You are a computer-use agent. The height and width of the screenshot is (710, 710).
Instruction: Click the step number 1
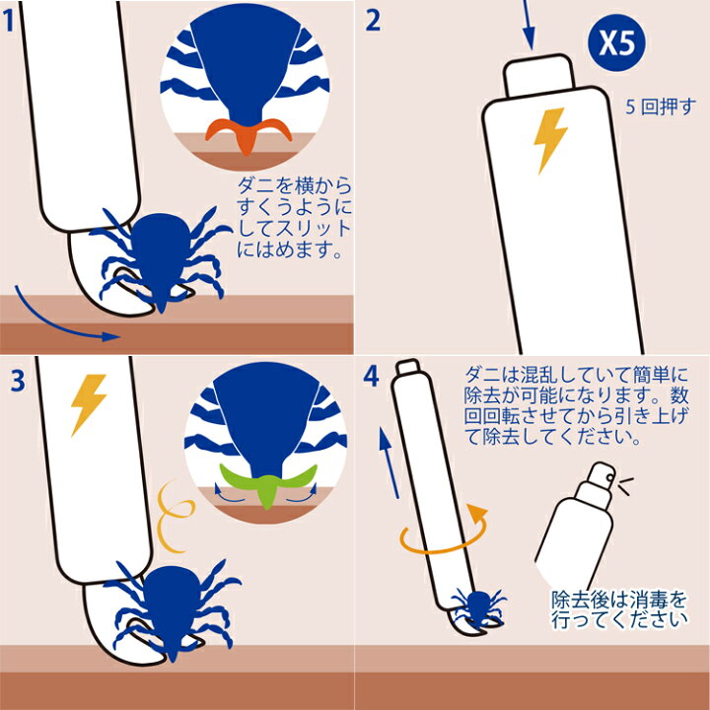click(x=9, y=21)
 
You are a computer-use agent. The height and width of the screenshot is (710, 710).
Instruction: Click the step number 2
click(x=373, y=21)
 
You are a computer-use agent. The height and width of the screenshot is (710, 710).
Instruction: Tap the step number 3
click(x=18, y=381)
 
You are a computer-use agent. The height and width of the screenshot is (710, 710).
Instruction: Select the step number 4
click(x=371, y=376)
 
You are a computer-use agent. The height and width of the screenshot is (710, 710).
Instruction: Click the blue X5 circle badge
click(x=616, y=42)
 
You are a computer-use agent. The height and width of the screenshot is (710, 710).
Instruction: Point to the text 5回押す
click(x=660, y=106)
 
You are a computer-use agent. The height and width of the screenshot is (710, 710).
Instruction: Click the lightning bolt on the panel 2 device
click(x=549, y=141)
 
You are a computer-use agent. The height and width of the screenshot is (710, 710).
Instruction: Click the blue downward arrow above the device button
click(x=528, y=25)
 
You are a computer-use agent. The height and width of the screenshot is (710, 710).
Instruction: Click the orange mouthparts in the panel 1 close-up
click(x=248, y=134)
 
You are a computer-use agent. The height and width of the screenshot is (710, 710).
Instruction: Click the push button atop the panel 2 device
click(x=539, y=75)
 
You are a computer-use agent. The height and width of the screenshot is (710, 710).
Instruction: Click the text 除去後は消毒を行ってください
click(x=619, y=609)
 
